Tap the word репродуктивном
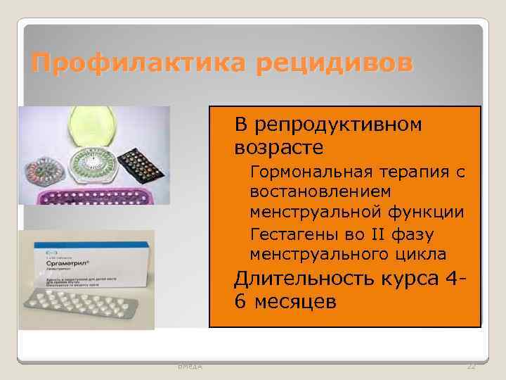(x=339, y=125)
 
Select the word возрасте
(x=279, y=148)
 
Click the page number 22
(x=471, y=367)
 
